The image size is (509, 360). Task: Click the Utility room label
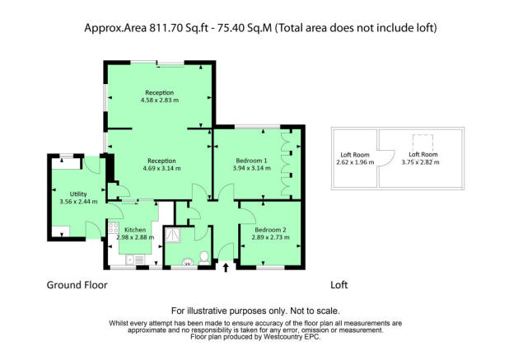coord(78,194)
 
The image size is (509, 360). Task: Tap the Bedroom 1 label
coord(251,161)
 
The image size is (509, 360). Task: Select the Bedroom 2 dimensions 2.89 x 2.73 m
coord(270,237)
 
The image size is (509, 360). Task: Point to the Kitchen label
coord(135,230)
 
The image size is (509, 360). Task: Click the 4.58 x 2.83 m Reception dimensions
coord(160,100)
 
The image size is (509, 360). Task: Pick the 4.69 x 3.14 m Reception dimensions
coord(161,169)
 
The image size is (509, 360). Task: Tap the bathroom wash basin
coord(187,262)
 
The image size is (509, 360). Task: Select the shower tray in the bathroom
coord(172,235)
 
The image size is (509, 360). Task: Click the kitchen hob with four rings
coord(114,227)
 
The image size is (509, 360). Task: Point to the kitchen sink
coord(135,260)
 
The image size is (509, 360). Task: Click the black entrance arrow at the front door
coord(226,268)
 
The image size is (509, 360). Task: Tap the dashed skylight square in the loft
coord(423,143)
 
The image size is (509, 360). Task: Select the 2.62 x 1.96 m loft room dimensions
coord(355,162)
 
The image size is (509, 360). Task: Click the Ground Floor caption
coord(77,285)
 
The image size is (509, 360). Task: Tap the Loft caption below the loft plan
coord(339,285)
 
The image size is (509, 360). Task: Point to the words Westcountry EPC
coord(292,337)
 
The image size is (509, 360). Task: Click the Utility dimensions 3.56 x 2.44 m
coord(78,202)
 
